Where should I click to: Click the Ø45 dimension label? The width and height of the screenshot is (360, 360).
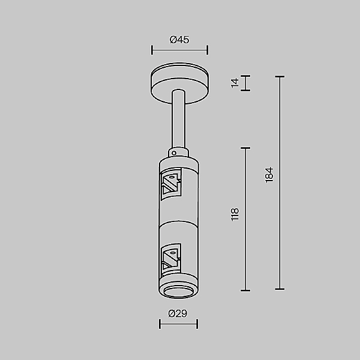point(179,40)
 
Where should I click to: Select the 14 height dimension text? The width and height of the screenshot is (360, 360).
point(236,83)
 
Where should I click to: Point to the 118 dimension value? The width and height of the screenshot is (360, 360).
point(235,214)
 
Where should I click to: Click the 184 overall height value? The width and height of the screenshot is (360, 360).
point(269,175)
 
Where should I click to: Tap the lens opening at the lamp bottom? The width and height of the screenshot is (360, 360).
point(178,292)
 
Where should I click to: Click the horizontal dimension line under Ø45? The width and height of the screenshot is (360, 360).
point(179,50)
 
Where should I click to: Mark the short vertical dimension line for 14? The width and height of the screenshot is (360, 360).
point(245,83)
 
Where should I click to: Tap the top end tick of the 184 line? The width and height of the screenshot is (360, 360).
point(279,76)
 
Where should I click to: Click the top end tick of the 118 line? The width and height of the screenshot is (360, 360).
point(245,148)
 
